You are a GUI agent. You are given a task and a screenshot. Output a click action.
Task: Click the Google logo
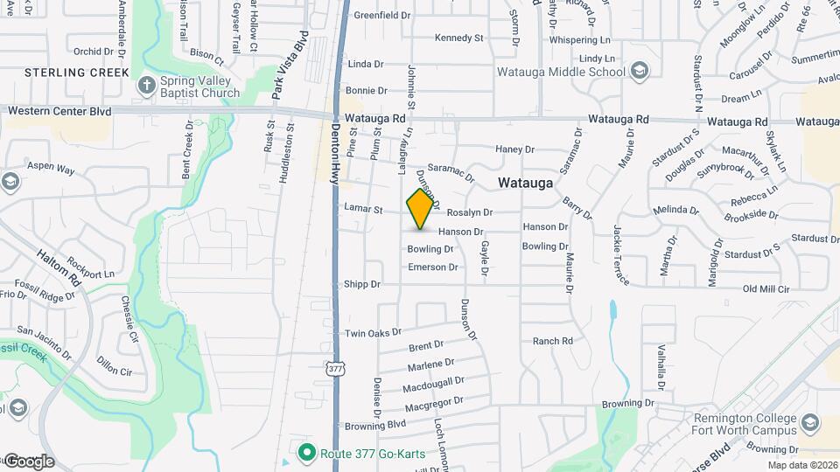pyautogui.click(x=29, y=461)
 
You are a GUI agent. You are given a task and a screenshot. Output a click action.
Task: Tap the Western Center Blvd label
pyautogui.click(x=59, y=112)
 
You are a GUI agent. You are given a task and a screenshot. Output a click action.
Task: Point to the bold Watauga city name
pyautogui.click(x=525, y=184)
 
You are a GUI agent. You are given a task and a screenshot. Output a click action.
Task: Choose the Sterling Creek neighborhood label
pyautogui.click(x=77, y=72)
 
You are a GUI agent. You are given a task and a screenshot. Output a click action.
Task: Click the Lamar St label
pyautogui.click(x=365, y=210)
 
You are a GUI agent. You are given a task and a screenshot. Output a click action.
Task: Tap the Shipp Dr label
pyautogui.click(x=362, y=284)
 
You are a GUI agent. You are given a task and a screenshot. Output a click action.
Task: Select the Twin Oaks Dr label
pyautogui.click(x=372, y=333)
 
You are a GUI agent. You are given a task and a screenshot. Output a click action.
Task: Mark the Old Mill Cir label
pyautogui.click(x=766, y=288)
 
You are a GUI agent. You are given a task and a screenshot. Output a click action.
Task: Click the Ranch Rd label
pyautogui.click(x=552, y=341)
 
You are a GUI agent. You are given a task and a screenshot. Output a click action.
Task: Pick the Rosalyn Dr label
pyautogui.click(x=470, y=212)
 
